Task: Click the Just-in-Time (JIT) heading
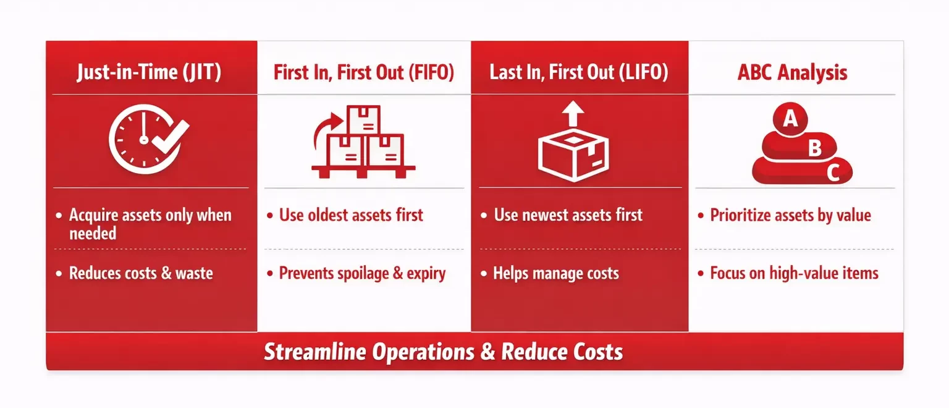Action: tap(149, 73)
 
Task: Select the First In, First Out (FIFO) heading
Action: tap(364, 73)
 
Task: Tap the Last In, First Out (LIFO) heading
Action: tap(579, 73)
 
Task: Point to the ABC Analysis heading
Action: tap(792, 73)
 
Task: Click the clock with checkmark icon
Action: tap(147, 140)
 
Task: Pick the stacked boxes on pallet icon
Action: tap(364, 143)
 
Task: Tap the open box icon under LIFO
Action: tap(574, 152)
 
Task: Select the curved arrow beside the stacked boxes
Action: tap(325, 130)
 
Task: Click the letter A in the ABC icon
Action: tap(790, 119)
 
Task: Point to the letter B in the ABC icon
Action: tap(815, 148)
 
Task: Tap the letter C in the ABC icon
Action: tap(833, 173)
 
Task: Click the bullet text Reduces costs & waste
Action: tap(141, 273)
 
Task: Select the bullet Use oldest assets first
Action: tap(351, 215)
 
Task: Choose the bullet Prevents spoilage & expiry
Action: tap(362, 273)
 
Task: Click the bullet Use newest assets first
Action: tap(568, 215)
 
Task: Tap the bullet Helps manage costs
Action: tap(556, 273)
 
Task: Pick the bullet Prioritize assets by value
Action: tap(790, 215)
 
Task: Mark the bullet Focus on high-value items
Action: tap(794, 273)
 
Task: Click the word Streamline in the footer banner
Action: tap(314, 352)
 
